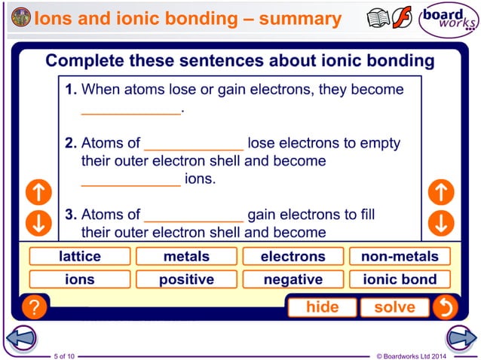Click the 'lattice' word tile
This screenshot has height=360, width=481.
coord(80,257)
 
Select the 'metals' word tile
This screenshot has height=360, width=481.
coord(186,257)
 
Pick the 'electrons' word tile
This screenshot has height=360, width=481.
coord(293,257)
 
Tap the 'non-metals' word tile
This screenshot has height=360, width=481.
coord(400,257)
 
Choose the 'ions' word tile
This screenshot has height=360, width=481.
coord(80,279)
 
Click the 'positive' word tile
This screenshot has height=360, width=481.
coord(186,279)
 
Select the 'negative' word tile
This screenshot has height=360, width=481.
coord(293,279)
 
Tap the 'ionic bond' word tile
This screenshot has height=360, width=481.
coord(400,279)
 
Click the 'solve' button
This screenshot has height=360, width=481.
coord(394,307)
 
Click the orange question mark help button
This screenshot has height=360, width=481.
coord(33,307)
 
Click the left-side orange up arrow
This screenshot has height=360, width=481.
coord(38,193)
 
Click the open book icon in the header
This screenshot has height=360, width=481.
coord(378,19)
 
